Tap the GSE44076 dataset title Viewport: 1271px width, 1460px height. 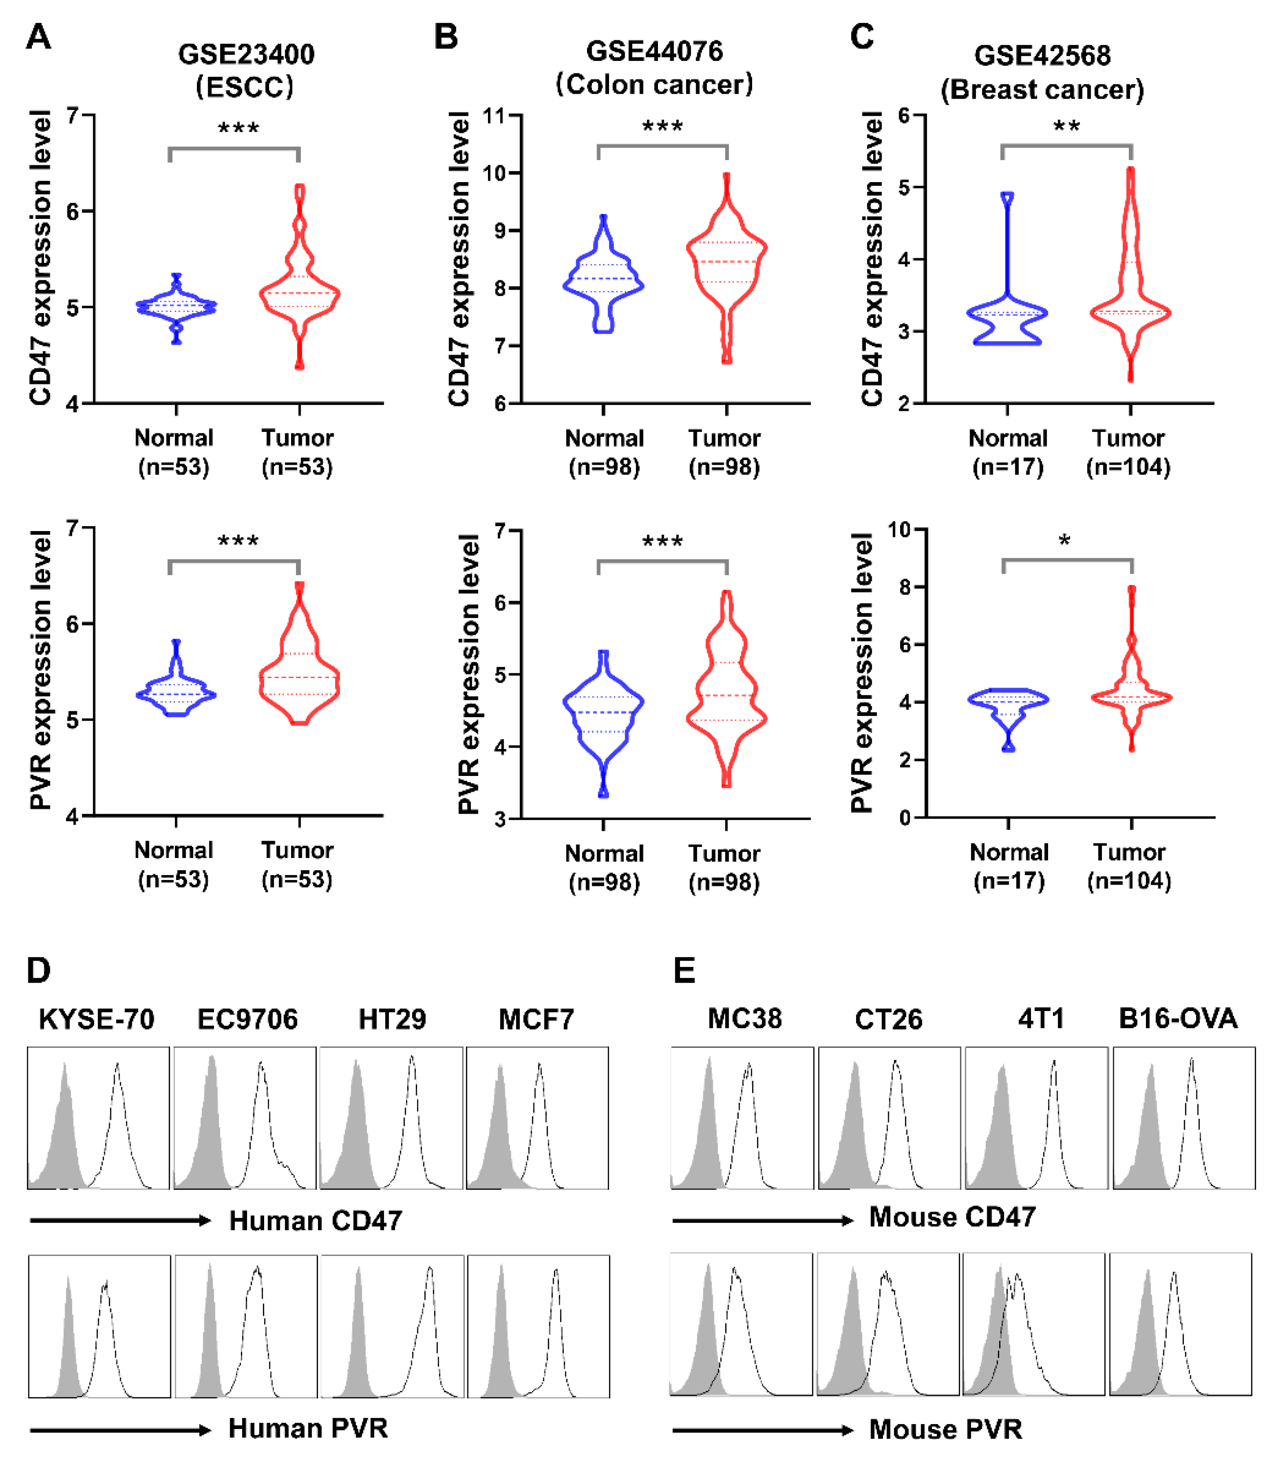[654, 52]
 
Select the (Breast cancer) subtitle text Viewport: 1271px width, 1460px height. [1042, 90]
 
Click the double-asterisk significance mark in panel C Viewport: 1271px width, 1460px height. [1066, 128]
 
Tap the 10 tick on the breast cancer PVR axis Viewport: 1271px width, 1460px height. [899, 529]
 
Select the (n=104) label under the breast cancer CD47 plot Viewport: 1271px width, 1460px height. [1128, 467]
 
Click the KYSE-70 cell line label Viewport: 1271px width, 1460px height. [96, 1020]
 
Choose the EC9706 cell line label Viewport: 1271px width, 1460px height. [248, 1020]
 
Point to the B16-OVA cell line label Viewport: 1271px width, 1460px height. [1177, 1019]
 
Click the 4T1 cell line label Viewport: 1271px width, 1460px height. [1040, 1019]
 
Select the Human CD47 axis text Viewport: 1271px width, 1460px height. [316, 1221]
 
